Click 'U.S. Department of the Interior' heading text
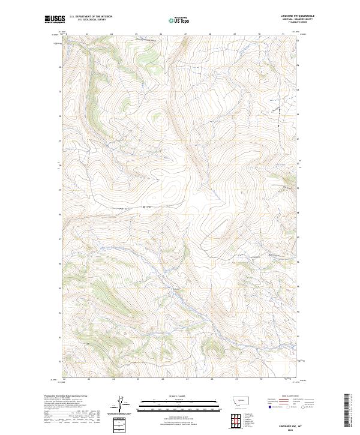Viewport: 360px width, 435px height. pos(91,16)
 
